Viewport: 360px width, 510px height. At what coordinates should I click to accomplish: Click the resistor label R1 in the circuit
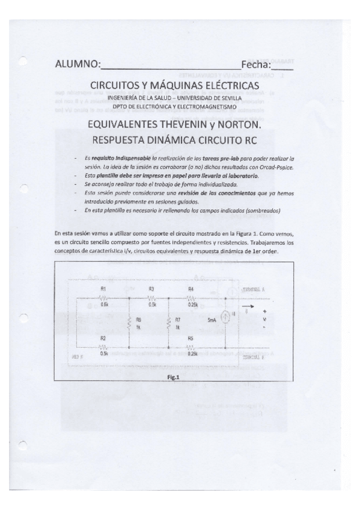pos(105,289)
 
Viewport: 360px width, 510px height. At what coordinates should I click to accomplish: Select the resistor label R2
pos(104,339)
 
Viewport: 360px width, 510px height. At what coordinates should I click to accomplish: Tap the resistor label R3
pos(151,289)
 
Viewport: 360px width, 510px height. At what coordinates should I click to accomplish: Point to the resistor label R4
pos(191,289)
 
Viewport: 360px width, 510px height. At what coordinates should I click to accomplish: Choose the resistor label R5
pos(191,339)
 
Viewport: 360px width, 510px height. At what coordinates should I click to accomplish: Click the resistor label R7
pos(178,320)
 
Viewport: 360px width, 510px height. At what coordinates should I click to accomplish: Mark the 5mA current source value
pos(212,320)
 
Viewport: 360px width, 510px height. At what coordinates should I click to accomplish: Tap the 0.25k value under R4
pos(193,304)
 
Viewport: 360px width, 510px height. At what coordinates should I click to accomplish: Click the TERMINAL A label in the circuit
pos(255,289)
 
